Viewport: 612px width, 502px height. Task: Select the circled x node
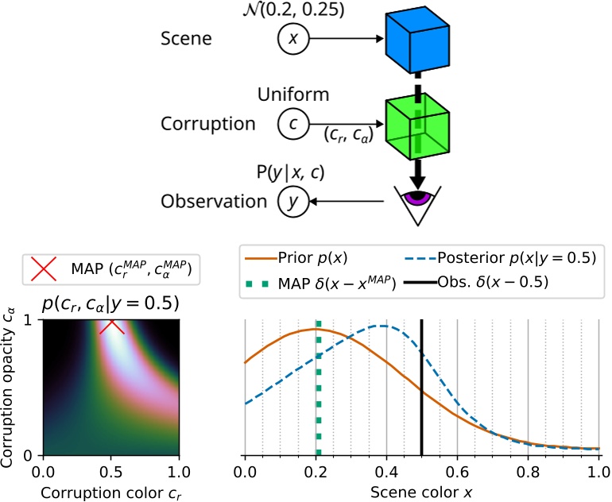[x=292, y=38]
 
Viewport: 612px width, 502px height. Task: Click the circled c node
[x=292, y=123]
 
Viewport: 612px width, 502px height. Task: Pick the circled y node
[x=292, y=203]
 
